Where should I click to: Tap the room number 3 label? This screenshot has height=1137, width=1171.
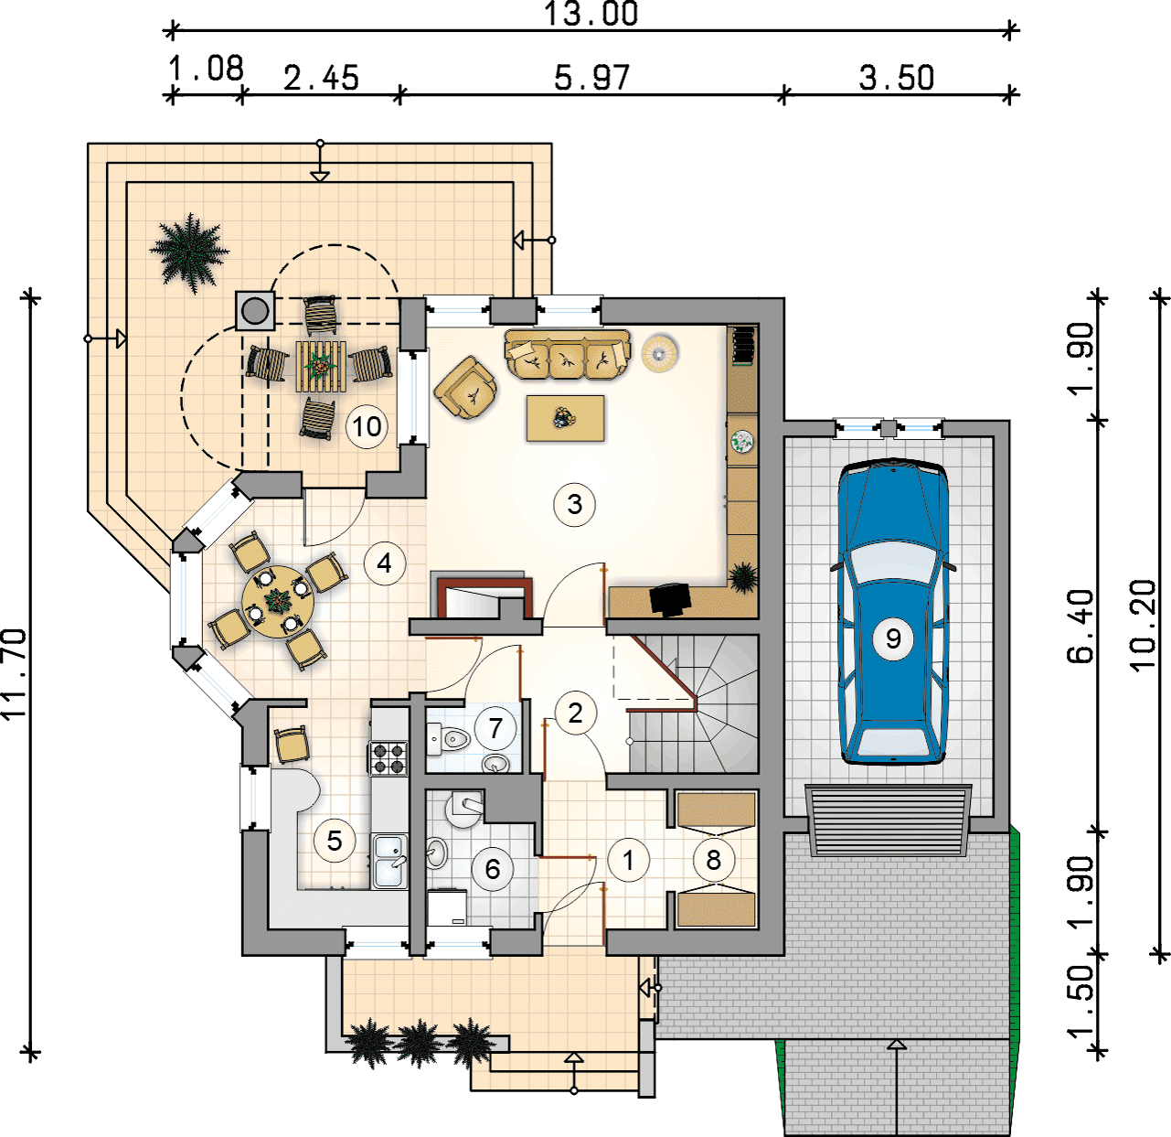[x=574, y=505]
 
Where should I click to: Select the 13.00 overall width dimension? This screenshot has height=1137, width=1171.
[x=591, y=15]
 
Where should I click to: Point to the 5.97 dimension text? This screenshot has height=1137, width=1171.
[x=591, y=78]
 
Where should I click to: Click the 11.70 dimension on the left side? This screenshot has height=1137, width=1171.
[x=15, y=673]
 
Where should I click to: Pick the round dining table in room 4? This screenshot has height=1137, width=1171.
[x=277, y=601]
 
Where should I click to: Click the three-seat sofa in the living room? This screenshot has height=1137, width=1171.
[x=567, y=354]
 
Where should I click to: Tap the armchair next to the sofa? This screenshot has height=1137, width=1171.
[x=465, y=387]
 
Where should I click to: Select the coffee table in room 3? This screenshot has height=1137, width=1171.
[x=565, y=418]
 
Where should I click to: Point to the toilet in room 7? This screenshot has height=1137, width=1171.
[x=448, y=738]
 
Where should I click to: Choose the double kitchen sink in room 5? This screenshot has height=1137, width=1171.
[x=389, y=861]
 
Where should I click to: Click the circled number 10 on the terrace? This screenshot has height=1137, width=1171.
[x=366, y=427]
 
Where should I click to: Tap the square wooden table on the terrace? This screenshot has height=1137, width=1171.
[x=320, y=366]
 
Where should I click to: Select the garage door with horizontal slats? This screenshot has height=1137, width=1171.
[x=889, y=821]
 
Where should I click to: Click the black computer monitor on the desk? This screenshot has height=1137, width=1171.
[x=670, y=598]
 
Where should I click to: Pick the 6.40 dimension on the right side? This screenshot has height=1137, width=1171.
[x=1081, y=627]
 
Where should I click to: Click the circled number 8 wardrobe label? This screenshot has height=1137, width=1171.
[x=713, y=861]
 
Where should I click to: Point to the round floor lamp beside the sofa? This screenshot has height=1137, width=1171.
[x=659, y=353]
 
